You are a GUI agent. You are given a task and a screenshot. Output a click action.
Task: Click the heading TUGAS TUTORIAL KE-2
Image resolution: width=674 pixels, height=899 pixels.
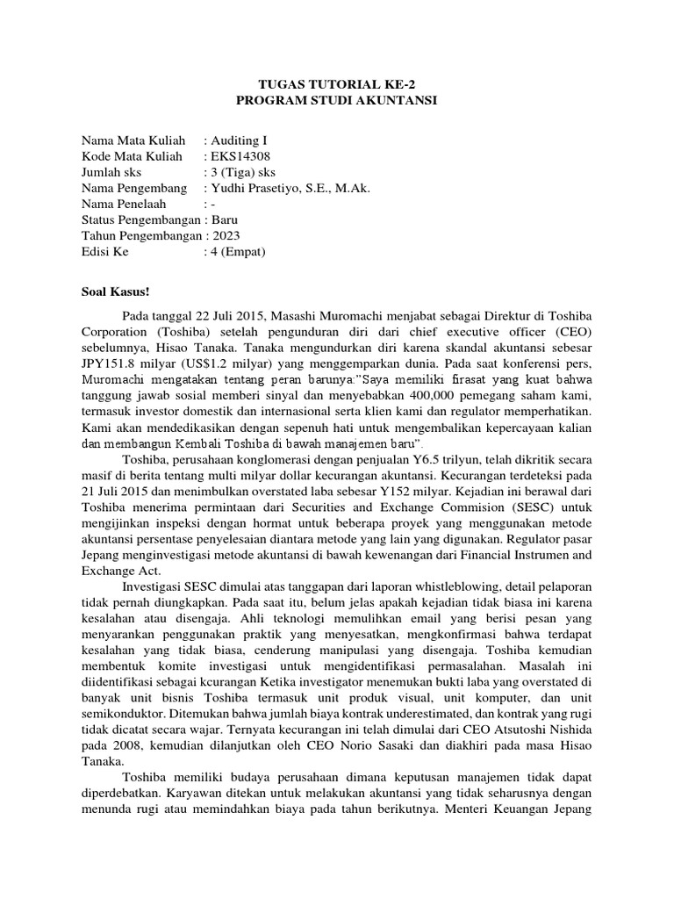click(336, 85)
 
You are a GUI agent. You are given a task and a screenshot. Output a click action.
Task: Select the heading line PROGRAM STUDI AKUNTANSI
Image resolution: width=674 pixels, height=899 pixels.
click(336, 101)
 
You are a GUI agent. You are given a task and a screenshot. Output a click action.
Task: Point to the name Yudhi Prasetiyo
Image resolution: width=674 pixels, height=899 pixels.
click(255, 188)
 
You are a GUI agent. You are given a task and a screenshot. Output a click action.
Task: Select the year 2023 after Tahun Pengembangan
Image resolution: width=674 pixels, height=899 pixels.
click(224, 235)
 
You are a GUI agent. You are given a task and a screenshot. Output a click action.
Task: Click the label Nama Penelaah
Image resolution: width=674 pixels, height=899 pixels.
click(123, 204)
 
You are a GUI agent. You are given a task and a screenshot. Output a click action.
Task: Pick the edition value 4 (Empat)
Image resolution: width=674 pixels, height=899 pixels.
click(237, 251)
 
